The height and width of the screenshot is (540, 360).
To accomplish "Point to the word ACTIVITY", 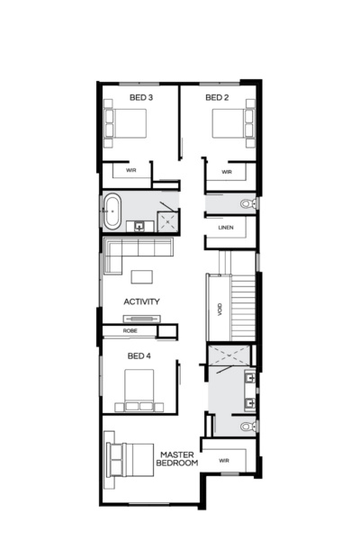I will point(141,302).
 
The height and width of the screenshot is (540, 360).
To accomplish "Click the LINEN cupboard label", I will point(226,228).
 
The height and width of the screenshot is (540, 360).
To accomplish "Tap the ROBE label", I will point(130,331).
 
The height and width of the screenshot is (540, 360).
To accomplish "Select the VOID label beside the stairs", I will point(220,310).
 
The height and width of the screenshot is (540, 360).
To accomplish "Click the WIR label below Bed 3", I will point(130,169).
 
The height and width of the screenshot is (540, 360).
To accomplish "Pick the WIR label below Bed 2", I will point(227,172).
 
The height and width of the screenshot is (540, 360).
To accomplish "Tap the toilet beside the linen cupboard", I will point(247,204).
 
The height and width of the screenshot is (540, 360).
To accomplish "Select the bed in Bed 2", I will point(230,123).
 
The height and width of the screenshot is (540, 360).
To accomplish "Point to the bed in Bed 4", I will point(139,388).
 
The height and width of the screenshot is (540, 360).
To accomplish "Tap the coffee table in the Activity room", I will point(142,276).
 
